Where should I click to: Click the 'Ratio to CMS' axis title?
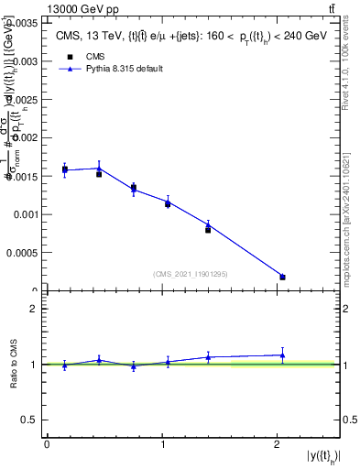click(x=14, y=377)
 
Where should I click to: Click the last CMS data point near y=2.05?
click(x=282, y=277)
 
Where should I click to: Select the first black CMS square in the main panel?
click(x=65, y=169)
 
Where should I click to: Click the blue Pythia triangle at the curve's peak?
click(x=99, y=168)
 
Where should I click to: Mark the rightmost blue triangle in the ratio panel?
click(x=282, y=354)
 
